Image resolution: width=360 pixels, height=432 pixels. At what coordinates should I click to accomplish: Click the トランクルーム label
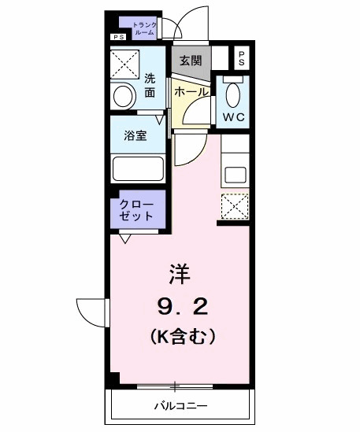click(145, 28)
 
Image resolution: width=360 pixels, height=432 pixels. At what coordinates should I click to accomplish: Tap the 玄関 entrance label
click(190, 61)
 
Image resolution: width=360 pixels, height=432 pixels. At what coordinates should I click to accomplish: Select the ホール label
click(191, 92)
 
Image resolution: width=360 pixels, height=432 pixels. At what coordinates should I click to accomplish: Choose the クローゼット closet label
click(137, 208)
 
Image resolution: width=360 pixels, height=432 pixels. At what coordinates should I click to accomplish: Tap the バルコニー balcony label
click(180, 407)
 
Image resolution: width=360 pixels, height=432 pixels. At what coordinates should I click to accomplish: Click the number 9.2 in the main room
click(180, 305)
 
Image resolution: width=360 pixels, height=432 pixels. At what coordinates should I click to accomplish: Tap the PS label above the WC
click(242, 58)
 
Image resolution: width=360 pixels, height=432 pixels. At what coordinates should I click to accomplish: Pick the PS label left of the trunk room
click(119, 36)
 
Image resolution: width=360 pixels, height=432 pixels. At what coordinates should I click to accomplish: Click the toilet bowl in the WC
click(232, 95)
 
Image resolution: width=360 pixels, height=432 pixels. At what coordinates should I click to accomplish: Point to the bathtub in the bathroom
click(138, 168)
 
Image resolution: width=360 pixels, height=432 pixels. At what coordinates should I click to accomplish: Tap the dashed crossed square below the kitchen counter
click(234, 205)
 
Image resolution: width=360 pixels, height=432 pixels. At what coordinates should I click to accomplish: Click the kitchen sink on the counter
click(235, 172)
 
